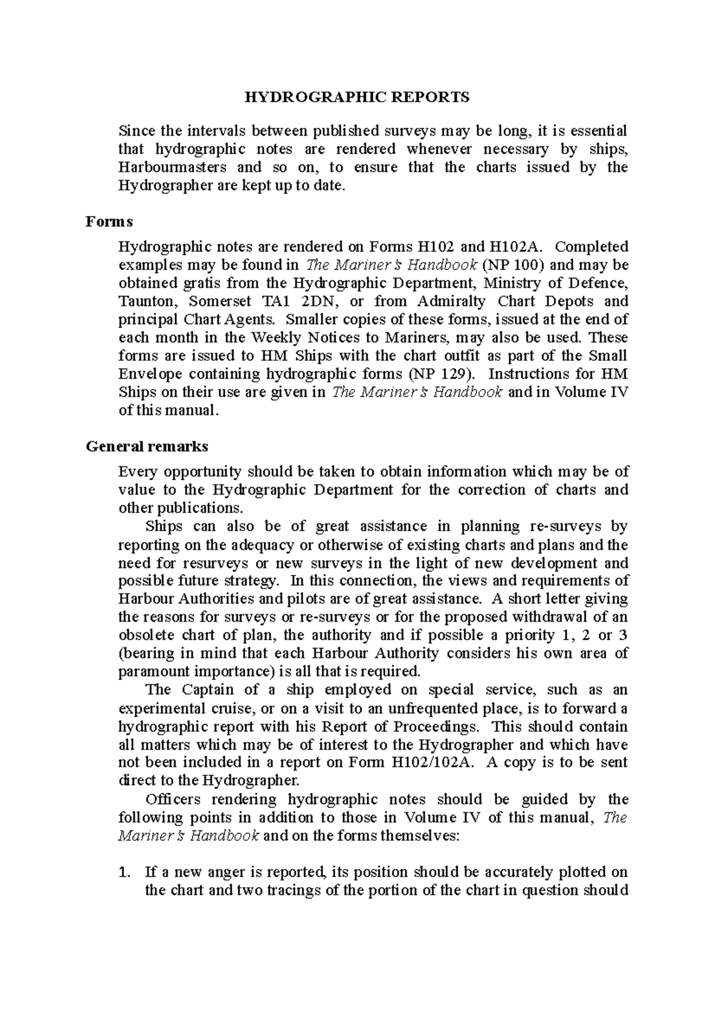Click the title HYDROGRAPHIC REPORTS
(357, 97)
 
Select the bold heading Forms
(109, 221)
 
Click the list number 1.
(124, 873)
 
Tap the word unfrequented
(434, 709)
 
